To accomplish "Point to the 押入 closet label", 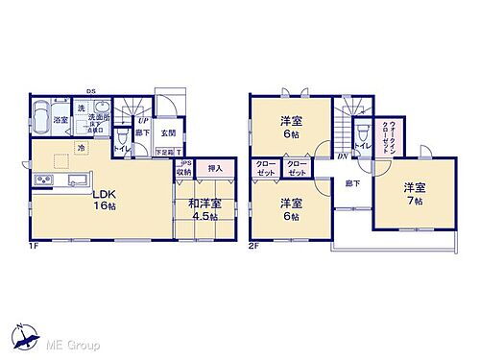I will pyautogui.click(x=215, y=168).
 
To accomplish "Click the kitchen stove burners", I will pyautogui.click(x=42, y=180).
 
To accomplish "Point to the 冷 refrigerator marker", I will pyautogui.click(x=82, y=148).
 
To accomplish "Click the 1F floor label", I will pyautogui.click(x=33, y=246).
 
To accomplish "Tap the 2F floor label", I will pyautogui.click(x=254, y=246).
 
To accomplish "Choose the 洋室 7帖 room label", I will pyautogui.click(x=415, y=192).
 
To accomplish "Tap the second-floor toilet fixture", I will pyautogui.click(x=364, y=135).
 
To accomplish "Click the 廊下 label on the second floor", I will pyautogui.click(x=352, y=182).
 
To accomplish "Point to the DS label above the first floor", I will pyautogui.click(x=90, y=92).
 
